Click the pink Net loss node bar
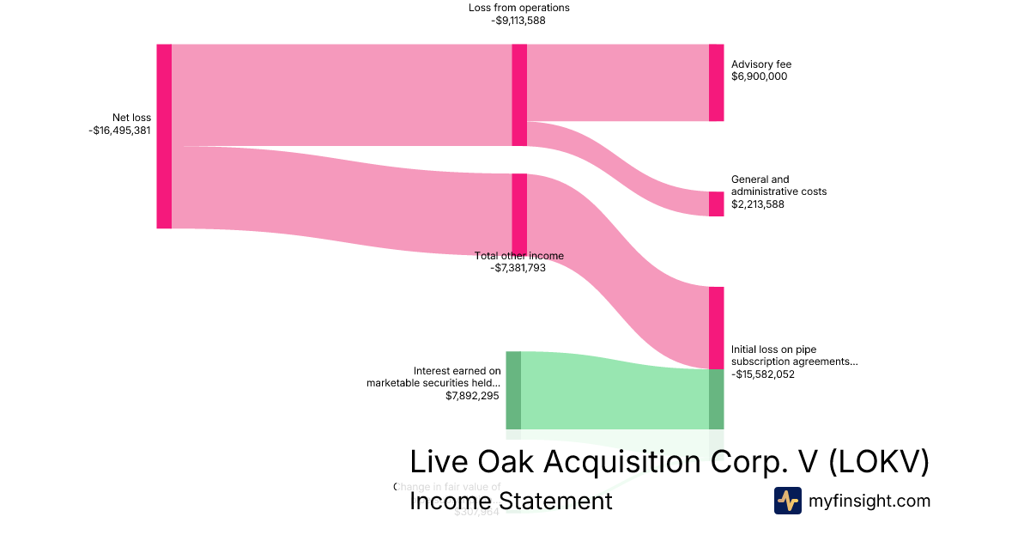[164, 136]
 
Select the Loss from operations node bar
[519, 94]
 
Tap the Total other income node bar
[519, 214]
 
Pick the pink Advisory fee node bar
[716, 82]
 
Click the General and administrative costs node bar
[716, 204]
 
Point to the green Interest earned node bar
[513, 390]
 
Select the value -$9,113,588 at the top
[518, 21]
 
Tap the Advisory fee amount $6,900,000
[759, 76]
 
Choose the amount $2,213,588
[758, 204]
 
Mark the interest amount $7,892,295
[472, 396]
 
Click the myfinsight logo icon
[787, 501]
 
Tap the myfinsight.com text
[869, 501]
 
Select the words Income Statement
[511, 501]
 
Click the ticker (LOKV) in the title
[880, 462]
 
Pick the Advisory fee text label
[760, 64]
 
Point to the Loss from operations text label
[518, 8]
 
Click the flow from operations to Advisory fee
[618, 82]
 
